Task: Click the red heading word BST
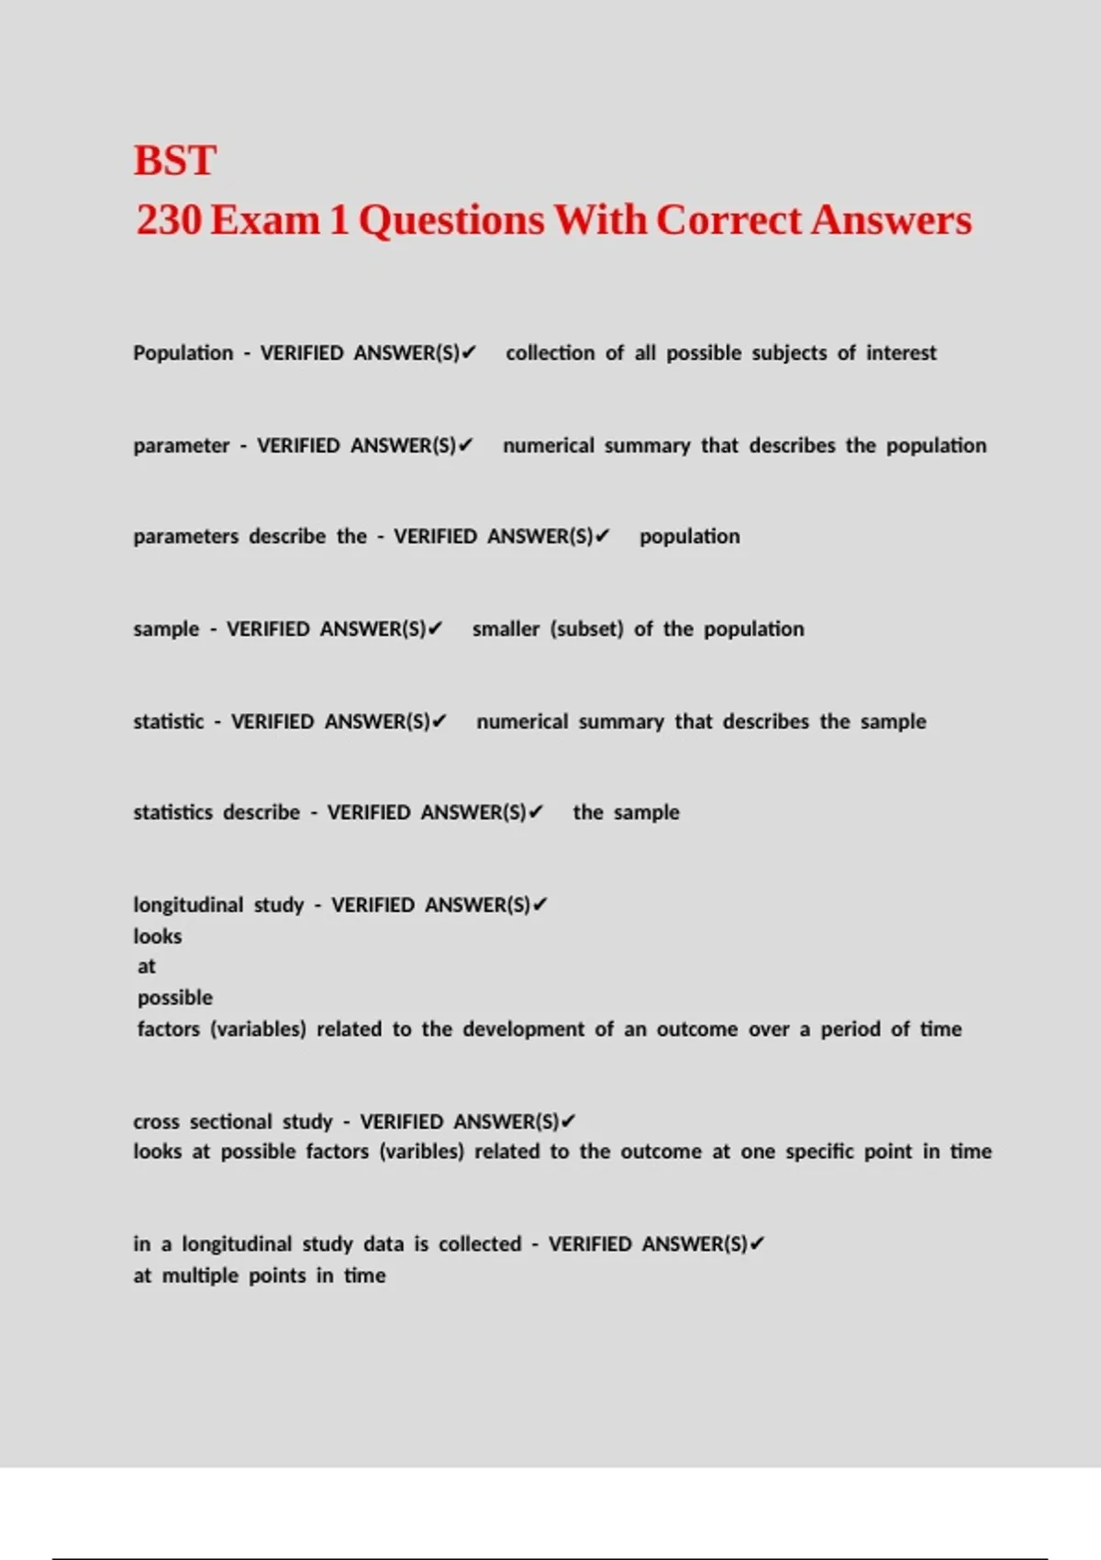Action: pyautogui.click(x=174, y=161)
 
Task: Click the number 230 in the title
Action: pyautogui.click(x=169, y=220)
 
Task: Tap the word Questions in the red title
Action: pyautogui.click(x=451, y=220)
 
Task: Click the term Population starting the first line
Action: pyautogui.click(x=183, y=353)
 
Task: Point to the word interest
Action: pyautogui.click(x=901, y=353)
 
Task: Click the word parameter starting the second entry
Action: pyautogui.click(x=181, y=446)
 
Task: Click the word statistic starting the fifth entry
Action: pyautogui.click(x=168, y=722)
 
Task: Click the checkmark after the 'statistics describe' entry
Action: pyautogui.click(x=537, y=812)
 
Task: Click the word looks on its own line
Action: pyautogui.click(x=157, y=937)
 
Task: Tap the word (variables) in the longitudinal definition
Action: pyautogui.click(x=258, y=1030)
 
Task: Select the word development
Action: pyautogui.click(x=523, y=1030)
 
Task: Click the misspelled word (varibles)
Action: pyautogui.click(x=421, y=1152)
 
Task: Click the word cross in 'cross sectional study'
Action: pyautogui.click(x=156, y=1122)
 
